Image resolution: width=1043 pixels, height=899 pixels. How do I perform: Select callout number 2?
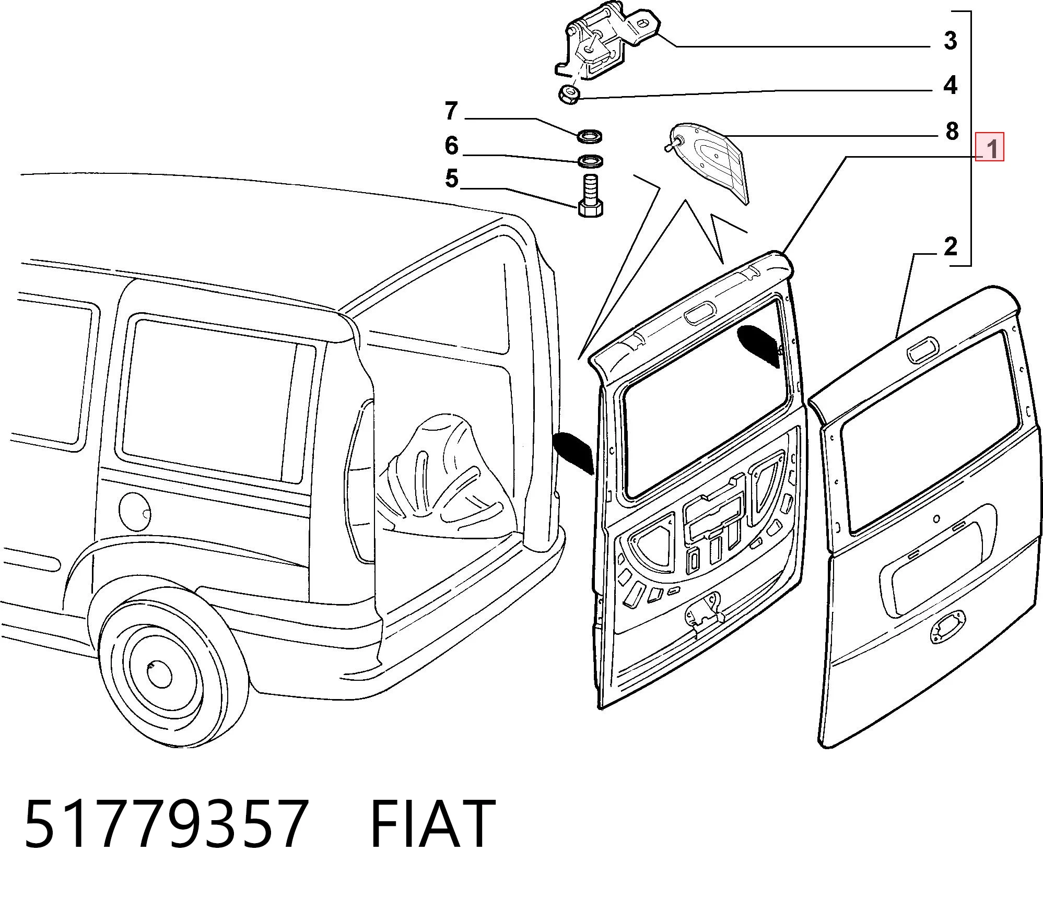pos(951,246)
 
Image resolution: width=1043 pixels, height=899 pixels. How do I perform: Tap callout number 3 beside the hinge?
pos(951,40)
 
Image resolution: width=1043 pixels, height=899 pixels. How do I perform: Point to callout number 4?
pos(951,85)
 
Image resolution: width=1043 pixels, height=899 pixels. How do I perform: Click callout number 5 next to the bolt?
pos(452,179)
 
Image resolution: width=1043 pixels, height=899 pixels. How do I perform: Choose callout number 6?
pos(452,145)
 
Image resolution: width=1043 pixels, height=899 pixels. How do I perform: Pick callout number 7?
pos(451,111)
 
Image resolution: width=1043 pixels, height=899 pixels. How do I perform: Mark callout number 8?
pos(952,132)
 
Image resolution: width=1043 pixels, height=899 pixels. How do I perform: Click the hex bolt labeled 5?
pos(590,196)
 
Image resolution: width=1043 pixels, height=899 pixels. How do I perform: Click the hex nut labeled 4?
pos(568,94)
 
